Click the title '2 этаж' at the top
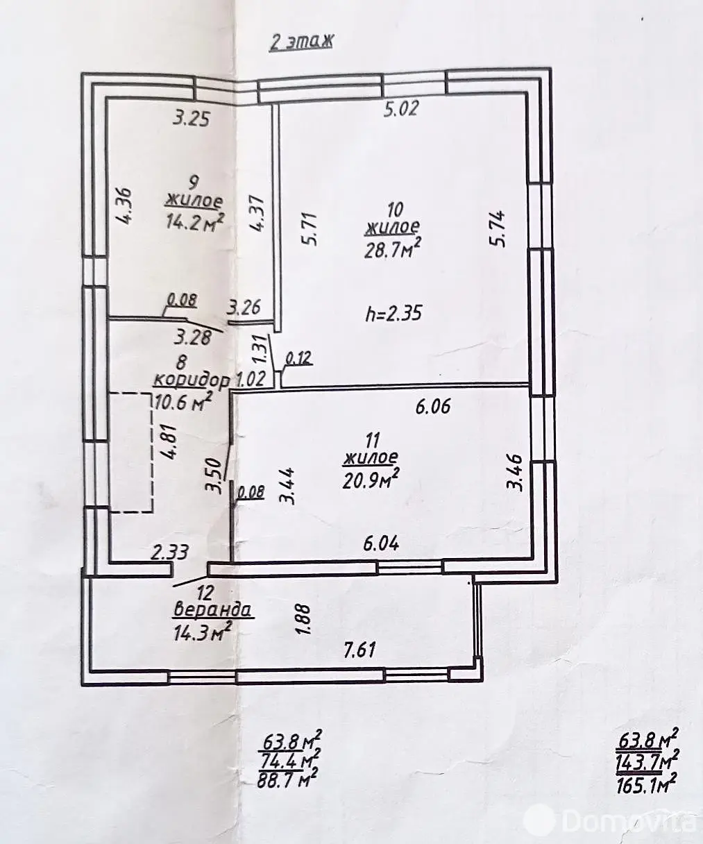click(x=300, y=41)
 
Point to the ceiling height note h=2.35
click(x=393, y=313)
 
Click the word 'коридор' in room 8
click(x=192, y=380)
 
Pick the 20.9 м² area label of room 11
click(x=371, y=479)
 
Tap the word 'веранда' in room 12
click(x=213, y=611)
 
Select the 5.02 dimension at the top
click(x=400, y=109)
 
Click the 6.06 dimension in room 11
click(x=432, y=406)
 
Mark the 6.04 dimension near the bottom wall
click(x=381, y=543)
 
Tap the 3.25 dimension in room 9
click(x=191, y=119)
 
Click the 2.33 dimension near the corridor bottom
click(x=170, y=552)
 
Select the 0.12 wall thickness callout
click(x=299, y=358)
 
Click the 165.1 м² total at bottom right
click(x=646, y=786)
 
